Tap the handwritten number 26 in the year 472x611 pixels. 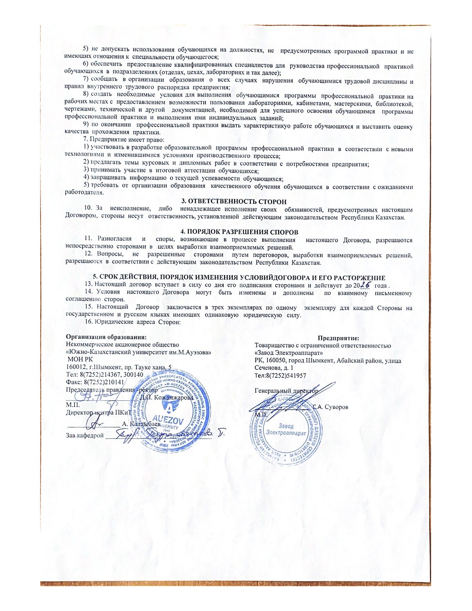pyautogui.click(x=365, y=285)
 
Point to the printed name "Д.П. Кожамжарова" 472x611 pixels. pyautogui.click(x=167, y=397)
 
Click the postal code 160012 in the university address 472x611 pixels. pyautogui.click(x=76, y=367)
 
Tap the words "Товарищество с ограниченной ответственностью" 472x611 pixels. pyautogui.click(x=323, y=346)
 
